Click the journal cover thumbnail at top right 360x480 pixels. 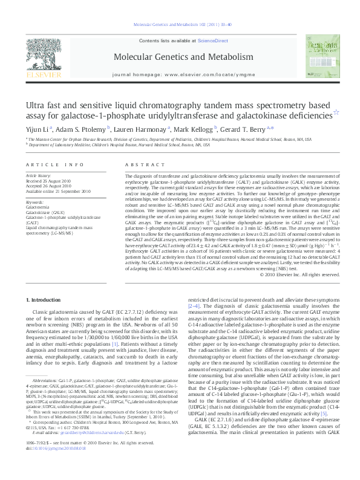tap(321, 57)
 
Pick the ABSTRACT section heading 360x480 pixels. tap(137, 164)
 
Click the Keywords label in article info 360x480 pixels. tap(35, 202)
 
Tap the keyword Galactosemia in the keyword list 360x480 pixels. tap(38, 207)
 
